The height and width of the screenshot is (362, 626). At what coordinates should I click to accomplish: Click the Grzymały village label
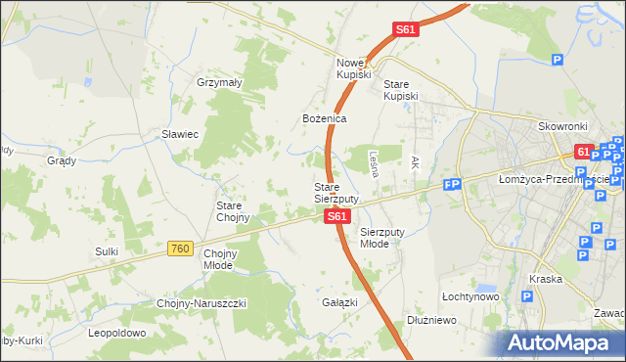pyautogui.click(x=219, y=83)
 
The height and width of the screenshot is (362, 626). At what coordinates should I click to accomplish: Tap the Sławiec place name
pyautogui.click(x=180, y=134)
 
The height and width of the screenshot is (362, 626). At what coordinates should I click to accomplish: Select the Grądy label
pyautogui.click(x=62, y=159)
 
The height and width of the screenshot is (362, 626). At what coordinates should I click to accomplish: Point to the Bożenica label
pyautogui.click(x=325, y=118)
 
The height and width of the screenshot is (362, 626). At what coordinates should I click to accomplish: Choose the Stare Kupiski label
pyautogui.click(x=401, y=90)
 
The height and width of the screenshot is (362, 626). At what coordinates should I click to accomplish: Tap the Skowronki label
pyautogui.click(x=562, y=127)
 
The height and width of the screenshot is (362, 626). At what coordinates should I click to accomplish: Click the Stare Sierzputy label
pyautogui.click(x=335, y=193)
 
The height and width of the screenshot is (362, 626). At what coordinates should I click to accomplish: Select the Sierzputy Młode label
pyautogui.click(x=380, y=238)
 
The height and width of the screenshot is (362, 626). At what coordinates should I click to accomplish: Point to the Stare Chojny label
pyautogui.click(x=233, y=211)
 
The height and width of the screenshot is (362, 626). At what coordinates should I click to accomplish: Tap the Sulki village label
pyautogui.click(x=107, y=251)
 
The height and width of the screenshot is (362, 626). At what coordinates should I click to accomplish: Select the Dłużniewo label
pyautogui.click(x=432, y=320)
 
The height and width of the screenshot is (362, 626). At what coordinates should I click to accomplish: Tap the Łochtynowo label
pyautogui.click(x=470, y=295)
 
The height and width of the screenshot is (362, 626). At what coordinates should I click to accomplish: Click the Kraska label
pyautogui.click(x=545, y=279)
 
